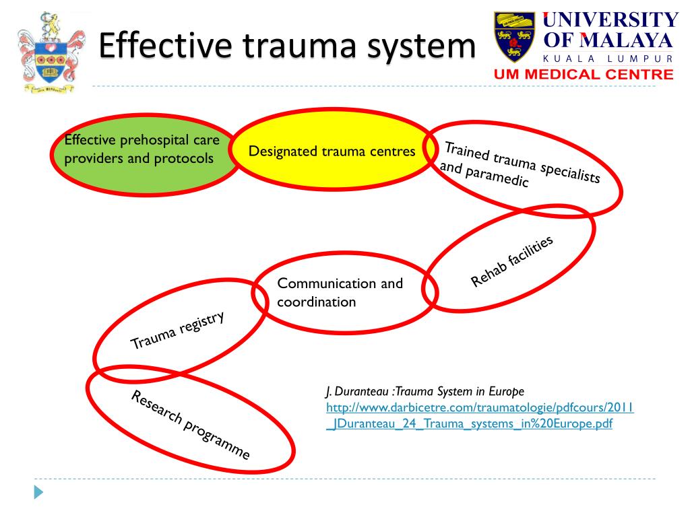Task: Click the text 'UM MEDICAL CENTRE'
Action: (584, 75)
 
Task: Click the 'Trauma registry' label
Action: (177, 331)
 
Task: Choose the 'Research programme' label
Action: (190, 425)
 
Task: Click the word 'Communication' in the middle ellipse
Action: (319, 283)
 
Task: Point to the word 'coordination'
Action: (316, 302)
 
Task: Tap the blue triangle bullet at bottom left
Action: (38, 492)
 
